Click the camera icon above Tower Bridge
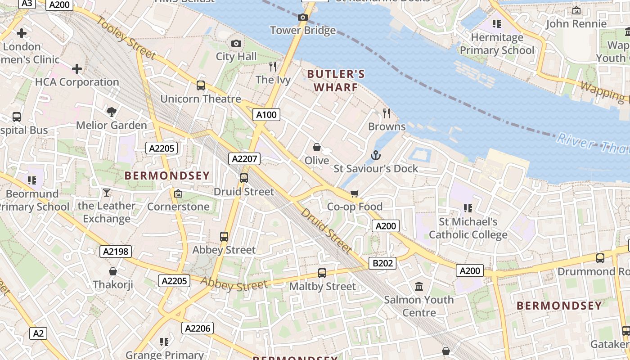point(303,17)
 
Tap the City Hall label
point(236,57)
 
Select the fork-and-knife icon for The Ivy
point(272,67)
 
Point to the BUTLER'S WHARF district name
point(336,81)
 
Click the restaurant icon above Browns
point(387,113)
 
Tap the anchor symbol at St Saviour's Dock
point(376,156)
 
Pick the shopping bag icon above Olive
point(317,147)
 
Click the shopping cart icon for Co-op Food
point(355,193)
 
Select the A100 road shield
point(266,115)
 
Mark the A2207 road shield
point(244,158)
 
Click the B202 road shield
point(382,263)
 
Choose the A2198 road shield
point(116,252)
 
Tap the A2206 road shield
point(198,328)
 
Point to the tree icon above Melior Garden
point(112,112)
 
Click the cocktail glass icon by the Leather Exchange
point(106,193)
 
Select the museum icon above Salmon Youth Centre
point(419,286)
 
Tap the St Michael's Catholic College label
point(468,228)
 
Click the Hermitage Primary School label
point(497,44)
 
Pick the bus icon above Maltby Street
point(322,273)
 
